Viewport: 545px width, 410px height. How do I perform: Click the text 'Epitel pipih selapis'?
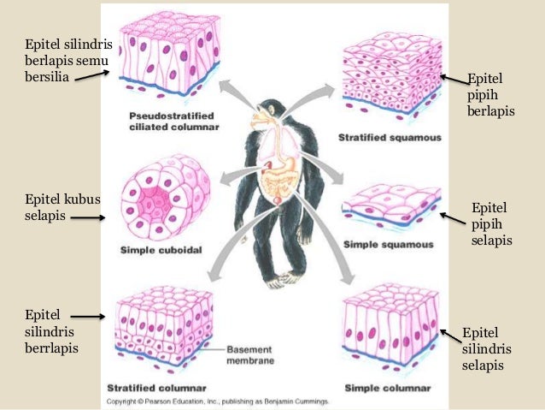(x=491, y=224)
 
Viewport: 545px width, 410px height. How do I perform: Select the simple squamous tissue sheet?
(x=389, y=210)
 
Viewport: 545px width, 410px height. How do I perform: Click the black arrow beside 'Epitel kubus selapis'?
(x=86, y=217)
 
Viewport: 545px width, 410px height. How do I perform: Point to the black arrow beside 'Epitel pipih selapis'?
(x=452, y=219)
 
